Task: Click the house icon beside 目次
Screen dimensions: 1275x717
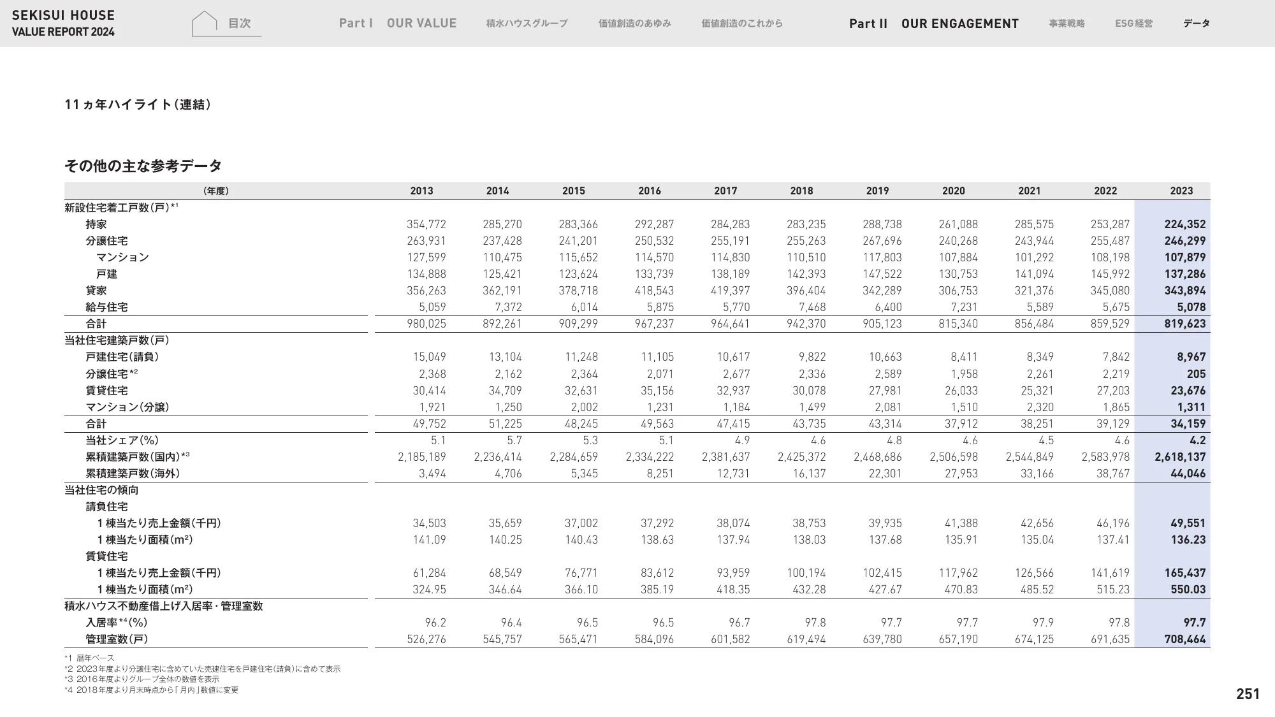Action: point(205,24)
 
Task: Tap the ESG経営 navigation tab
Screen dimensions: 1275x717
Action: point(1133,24)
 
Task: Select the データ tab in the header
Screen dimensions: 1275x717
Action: point(1196,24)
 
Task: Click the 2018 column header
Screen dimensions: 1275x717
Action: point(801,191)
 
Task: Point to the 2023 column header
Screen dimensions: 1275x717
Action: point(1181,191)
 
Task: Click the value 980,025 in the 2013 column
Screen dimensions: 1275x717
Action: point(426,324)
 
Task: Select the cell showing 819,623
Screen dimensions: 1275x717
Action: point(1185,324)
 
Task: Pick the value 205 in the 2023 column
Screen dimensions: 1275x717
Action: point(1196,374)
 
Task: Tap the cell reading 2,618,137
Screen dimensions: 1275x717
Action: point(1180,457)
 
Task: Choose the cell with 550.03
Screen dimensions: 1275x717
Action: point(1188,590)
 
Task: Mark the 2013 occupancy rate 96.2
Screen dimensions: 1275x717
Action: point(435,623)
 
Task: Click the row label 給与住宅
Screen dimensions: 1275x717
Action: point(106,307)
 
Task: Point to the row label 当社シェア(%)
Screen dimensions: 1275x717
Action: point(122,440)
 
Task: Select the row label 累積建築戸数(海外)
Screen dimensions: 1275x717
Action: point(133,474)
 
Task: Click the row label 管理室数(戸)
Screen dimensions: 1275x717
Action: point(117,639)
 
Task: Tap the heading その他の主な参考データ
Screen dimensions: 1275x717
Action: point(143,166)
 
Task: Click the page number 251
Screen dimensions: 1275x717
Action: point(1248,694)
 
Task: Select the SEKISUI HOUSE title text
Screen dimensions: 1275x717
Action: point(63,15)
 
